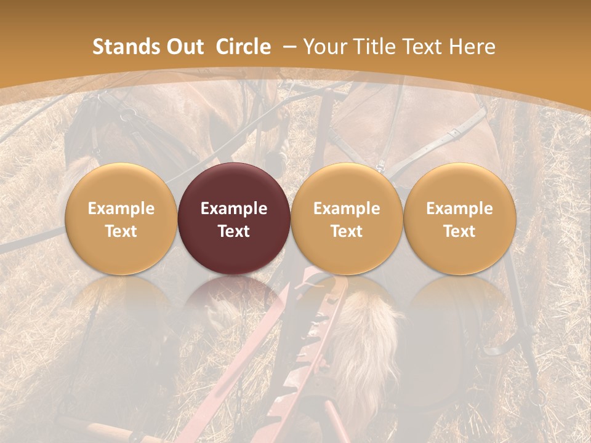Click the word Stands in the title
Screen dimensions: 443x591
122,47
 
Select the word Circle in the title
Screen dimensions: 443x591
243,47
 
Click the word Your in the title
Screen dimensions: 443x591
325,47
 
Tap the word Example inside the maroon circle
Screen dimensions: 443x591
234,209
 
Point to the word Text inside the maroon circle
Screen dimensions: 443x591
234,231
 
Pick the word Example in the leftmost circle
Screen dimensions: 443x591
121,209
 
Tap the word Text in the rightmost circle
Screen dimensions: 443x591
460,231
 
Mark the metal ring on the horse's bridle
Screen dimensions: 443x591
127,115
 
